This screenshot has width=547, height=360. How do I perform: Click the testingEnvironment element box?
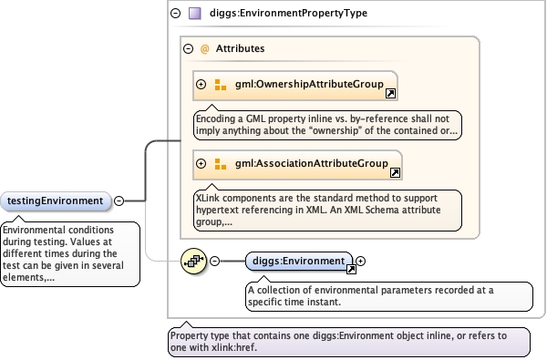click(x=56, y=201)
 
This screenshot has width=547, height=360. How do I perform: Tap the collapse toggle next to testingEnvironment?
click(x=119, y=201)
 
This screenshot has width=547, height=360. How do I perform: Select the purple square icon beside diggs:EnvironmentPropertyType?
click(x=195, y=14)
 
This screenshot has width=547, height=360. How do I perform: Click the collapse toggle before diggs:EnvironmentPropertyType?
click(x=175, y=14)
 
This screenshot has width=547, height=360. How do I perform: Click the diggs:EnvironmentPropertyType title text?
click(x=288, y=14)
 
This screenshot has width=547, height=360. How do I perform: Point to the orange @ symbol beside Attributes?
click(x=204, y=48)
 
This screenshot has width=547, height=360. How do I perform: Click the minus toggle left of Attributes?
click(x=189, y=48)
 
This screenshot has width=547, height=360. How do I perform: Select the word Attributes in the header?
click(x=240, y=48)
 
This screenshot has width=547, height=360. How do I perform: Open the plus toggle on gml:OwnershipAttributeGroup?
click(x=201, y=84)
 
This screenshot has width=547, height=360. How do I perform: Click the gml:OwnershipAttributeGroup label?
click(x=309, y=84)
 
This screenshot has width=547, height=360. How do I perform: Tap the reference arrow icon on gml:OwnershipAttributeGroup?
click(x=390, y=93)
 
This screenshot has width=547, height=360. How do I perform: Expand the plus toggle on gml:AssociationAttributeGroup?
click(x=201, y=163)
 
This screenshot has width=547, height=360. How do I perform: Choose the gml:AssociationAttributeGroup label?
click(x=312, y=163)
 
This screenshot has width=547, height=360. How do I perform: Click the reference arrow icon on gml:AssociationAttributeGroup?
click(x=395, y=172)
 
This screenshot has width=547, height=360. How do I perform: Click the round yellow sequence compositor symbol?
click(x=193, y=261)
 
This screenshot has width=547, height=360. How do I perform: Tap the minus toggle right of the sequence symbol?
click(x=215, y=261)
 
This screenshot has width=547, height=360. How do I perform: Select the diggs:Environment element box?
click(x=299, y=261)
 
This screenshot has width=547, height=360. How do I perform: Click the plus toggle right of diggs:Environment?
click(x=361, y=261)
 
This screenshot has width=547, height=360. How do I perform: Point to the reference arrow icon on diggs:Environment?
click(x=351, y=269)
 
